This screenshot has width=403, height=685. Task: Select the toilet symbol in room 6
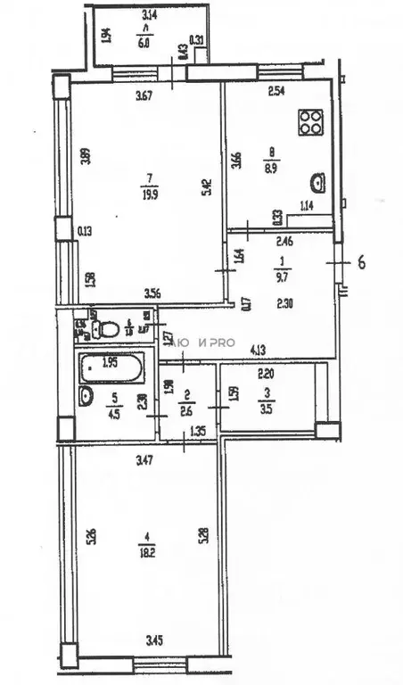pyautogui.click(x=108, y=328)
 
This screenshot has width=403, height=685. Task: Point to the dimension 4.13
pyautogui.click(x=259, y=350)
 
